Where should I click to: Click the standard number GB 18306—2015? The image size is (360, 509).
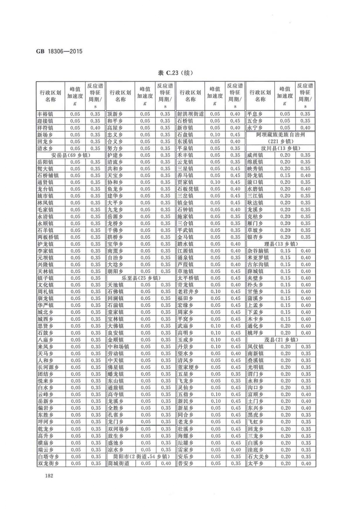click(59, 52)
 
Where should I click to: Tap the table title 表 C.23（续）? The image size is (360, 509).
click(175, 73)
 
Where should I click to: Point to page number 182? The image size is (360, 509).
click(49, 476)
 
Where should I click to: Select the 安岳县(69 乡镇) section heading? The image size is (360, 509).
click(71, 155)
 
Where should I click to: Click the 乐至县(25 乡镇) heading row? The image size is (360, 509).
click(141, 278)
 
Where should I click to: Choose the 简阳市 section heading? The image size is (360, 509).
click(141, 457)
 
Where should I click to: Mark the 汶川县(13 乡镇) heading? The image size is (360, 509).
click(280, 148)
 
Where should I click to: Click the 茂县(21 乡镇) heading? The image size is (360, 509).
click(280, 340)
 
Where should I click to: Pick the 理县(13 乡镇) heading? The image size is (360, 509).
click(280, 244)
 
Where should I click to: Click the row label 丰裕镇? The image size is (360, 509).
click(46, 114)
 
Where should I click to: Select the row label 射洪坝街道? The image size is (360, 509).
click(190, 114)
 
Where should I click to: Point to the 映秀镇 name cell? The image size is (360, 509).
click(255, 169)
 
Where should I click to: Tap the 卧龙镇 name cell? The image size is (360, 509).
click(255, 176)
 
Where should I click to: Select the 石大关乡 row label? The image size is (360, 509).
click(258, 457)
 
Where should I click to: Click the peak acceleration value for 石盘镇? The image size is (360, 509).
click(215, 135)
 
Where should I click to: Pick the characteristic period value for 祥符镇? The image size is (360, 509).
click(95, 128)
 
